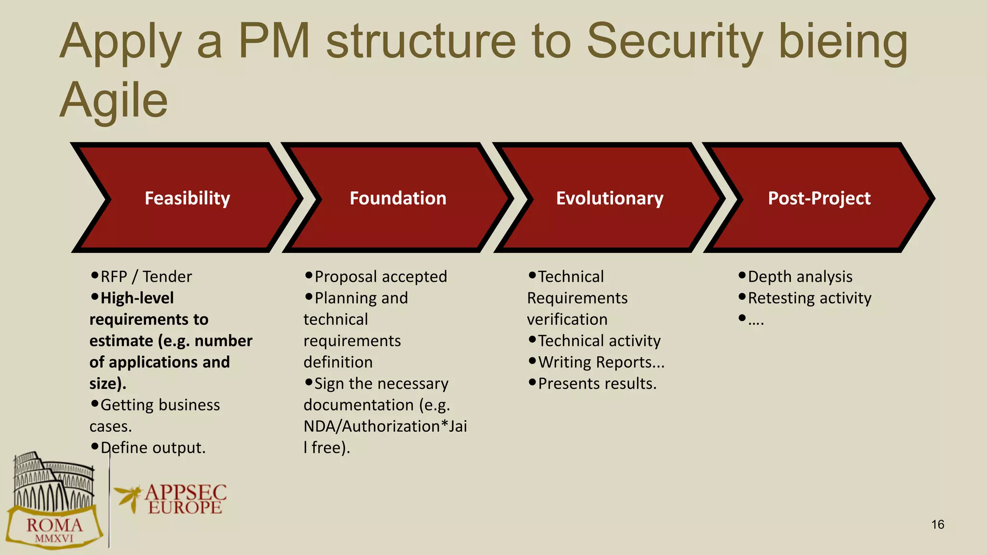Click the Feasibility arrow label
[187, 198]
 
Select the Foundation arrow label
[398, 198]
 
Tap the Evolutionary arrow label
[610, 198]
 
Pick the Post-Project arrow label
[819, 198]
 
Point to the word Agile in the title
[114, 100]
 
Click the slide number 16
[937, 525]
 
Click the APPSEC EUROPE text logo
[186, 500]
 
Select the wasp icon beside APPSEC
[128, 497]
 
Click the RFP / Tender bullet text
[146, 277]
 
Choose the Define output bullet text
[153, 448]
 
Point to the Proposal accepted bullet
[381, 277]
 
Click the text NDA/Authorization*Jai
[385, 426]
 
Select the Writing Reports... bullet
[601, 362]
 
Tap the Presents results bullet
[597, 383]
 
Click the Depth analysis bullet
[800, 277]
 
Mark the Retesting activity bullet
[810, 298]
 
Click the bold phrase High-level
[137, 298]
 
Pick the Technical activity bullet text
[599, 341]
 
